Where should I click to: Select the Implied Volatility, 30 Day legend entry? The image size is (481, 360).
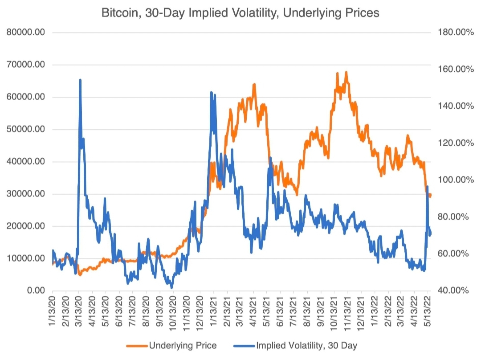(306, 345)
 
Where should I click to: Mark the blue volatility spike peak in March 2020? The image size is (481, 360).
(80, 80)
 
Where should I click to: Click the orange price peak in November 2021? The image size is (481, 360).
(346, 72)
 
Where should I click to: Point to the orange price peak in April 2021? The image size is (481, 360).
(254, 84)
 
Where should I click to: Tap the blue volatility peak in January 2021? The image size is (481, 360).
(211, 92)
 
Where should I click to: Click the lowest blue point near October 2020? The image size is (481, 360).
(171, 287)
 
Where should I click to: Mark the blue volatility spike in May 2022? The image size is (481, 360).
(427, 187)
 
